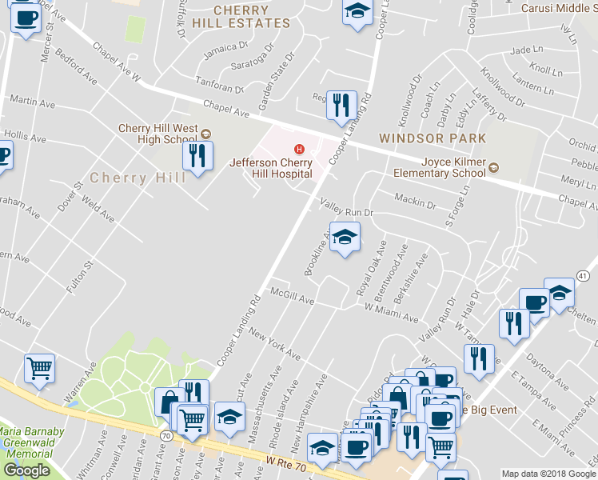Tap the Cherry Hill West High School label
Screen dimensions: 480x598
coord(157,134)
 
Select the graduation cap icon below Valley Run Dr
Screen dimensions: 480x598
coord(345,237)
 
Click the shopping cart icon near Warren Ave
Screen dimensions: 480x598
coord(39,369)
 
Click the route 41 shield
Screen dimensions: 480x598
coord(582,276)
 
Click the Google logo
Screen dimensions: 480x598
coord(26,470)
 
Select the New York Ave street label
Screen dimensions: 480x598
coord(273,342)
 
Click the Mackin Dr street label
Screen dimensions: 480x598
coord(416,200)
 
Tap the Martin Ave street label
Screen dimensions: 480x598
coord(32,102)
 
